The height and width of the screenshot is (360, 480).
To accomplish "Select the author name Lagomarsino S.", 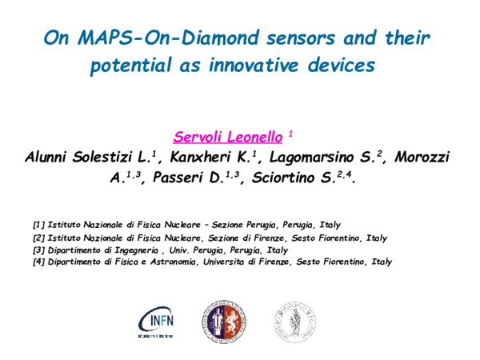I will pyautogui.click(x=335, y=158).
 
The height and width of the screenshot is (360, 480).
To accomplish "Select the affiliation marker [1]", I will pyautogui.click(x=39, y=225).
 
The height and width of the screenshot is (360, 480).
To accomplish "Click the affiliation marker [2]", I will pyautogui.click(x=39, y=238).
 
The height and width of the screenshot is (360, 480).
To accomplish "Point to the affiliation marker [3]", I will pyautogui.click(x=39, y=250).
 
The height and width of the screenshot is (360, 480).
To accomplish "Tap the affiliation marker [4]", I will pyautogui.click(x=39, y=262).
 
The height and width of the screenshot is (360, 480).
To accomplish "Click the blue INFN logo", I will pyautogui.click(x=157, y=320).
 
